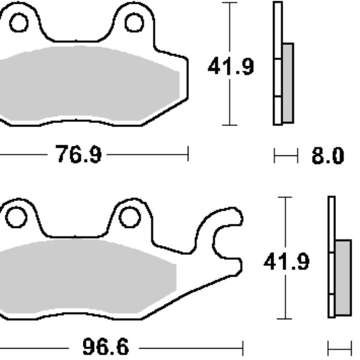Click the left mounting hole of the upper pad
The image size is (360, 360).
(x=19, y=23)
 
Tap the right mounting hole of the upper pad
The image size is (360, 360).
(x=134, y=23)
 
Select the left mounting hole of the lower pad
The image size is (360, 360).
(x=16, y=217)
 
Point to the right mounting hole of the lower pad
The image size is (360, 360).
(x=130, y=217)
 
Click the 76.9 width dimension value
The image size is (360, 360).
(x=79, y=155)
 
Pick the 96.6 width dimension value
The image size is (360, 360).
(x=105, y=348)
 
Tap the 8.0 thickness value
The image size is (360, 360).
(x=328, y=157)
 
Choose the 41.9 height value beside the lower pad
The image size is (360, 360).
(x=287, y=262)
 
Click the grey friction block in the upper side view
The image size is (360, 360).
(x=287, y=82)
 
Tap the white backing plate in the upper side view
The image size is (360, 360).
(x=277, y=63)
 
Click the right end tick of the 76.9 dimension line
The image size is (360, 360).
(x=188, y=154)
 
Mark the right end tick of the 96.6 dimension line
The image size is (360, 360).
(x=242, y=347)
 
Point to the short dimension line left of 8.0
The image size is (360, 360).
(x=286, y=156)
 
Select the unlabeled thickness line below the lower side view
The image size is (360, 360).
(x=340, y=348)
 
